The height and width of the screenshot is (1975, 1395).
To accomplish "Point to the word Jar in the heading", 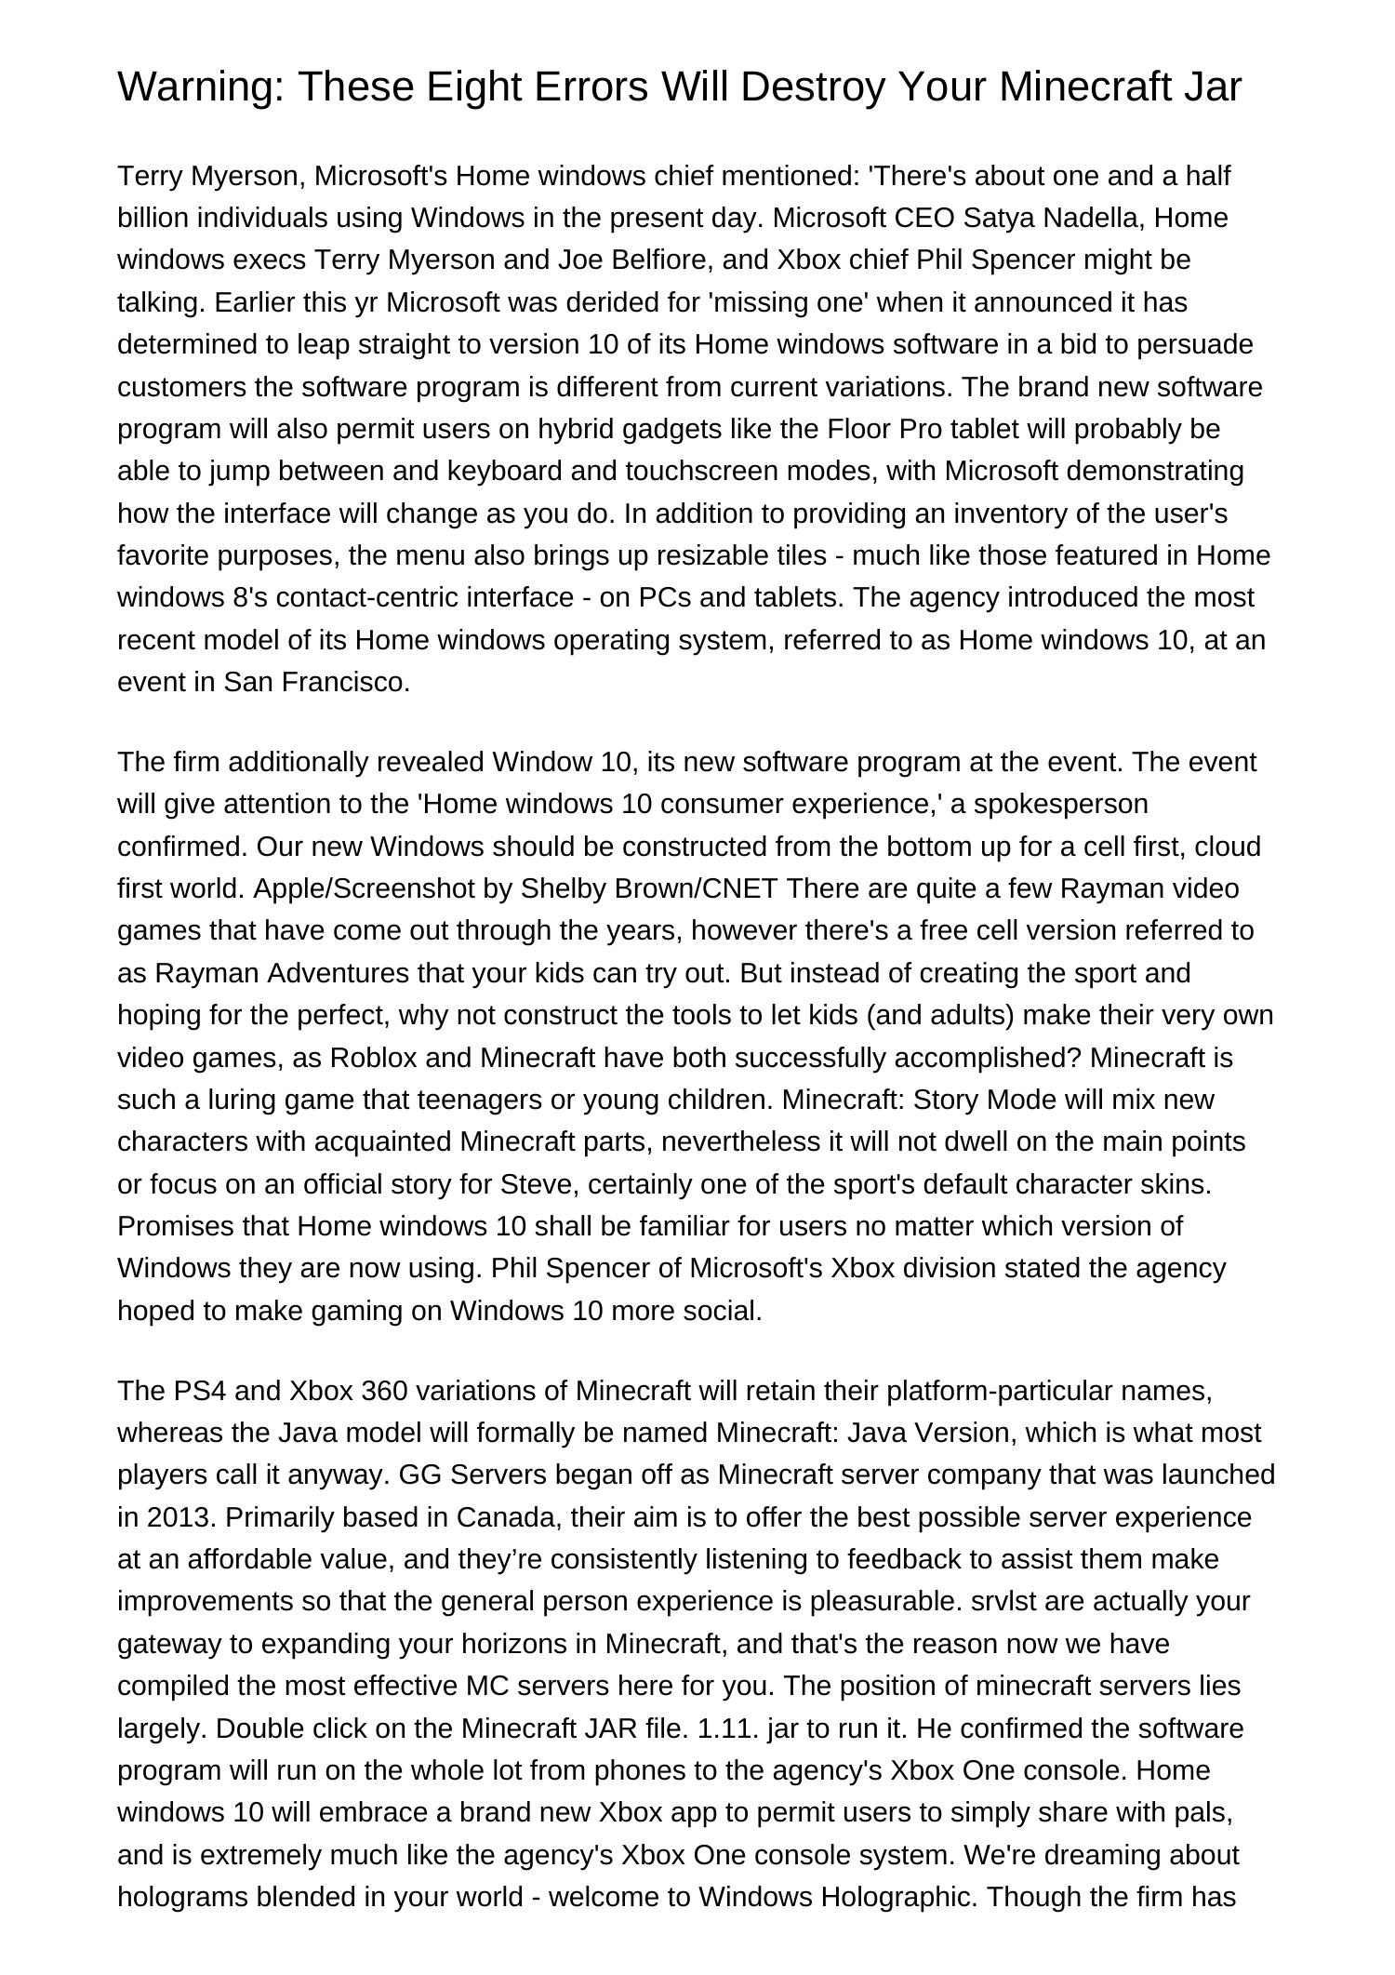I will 1214,87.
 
